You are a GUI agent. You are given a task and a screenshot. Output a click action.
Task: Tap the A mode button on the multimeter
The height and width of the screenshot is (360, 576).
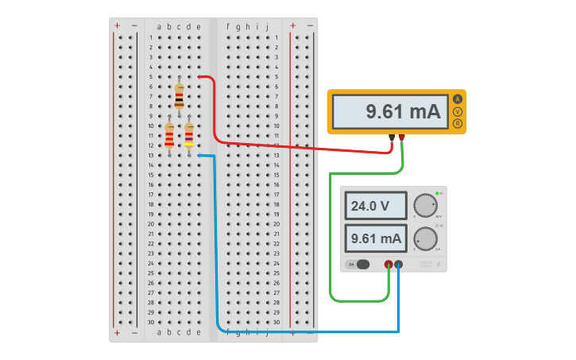458,99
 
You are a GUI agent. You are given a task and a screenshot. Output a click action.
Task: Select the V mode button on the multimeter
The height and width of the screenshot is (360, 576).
458,111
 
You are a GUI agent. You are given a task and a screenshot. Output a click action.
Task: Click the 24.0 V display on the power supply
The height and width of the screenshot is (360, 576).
377,207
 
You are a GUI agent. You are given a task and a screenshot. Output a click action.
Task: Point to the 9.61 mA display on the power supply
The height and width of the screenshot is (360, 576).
377,238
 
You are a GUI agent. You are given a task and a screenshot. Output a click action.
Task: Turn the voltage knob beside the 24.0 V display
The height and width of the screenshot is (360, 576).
426,206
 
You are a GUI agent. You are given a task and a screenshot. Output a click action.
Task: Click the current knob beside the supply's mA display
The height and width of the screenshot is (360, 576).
426,238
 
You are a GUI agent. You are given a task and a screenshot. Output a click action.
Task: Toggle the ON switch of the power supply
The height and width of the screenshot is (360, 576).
362,264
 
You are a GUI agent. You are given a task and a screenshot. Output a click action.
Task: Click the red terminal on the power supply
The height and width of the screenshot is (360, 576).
389,265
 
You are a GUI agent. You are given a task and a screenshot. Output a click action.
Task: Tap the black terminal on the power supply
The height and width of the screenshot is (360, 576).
398,265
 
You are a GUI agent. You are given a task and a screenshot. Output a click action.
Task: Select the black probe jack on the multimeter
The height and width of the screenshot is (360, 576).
392,137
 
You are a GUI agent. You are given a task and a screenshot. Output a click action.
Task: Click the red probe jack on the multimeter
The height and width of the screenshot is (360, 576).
402,137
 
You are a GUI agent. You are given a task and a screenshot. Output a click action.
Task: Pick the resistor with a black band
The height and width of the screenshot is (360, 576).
179,96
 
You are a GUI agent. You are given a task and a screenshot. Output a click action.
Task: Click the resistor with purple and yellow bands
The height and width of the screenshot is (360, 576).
189,135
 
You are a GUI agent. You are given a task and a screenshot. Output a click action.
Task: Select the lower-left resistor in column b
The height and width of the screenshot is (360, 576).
169,135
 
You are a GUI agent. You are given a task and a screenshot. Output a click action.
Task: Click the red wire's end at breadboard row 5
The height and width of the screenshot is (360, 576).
199,77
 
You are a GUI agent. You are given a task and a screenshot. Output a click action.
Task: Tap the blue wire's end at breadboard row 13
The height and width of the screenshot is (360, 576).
199,156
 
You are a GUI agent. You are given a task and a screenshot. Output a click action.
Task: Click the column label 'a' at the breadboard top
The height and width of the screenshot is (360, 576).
159,26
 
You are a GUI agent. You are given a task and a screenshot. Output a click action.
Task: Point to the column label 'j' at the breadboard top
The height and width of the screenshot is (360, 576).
267,26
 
